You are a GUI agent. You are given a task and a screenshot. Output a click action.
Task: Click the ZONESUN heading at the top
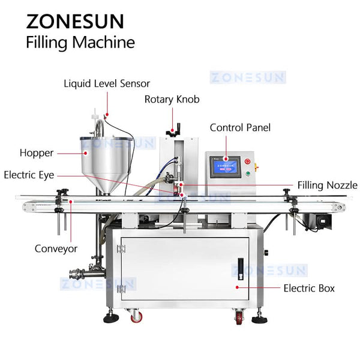click(x=75, y=20)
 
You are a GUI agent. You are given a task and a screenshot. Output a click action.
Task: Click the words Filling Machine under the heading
click(x=80, y=43)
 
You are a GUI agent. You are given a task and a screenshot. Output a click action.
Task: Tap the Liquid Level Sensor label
click(x=107, y=83)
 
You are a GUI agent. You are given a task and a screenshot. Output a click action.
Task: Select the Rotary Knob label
click(x=172, y=99)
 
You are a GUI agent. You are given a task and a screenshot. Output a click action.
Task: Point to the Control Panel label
click(x=240, y=127)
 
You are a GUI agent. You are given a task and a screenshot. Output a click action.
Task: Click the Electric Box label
click(x=308, y=288)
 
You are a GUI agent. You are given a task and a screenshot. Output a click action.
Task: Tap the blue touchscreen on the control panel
click(x=224, y=166)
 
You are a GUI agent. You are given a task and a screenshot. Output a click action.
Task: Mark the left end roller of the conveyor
click(x=29, y=206)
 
